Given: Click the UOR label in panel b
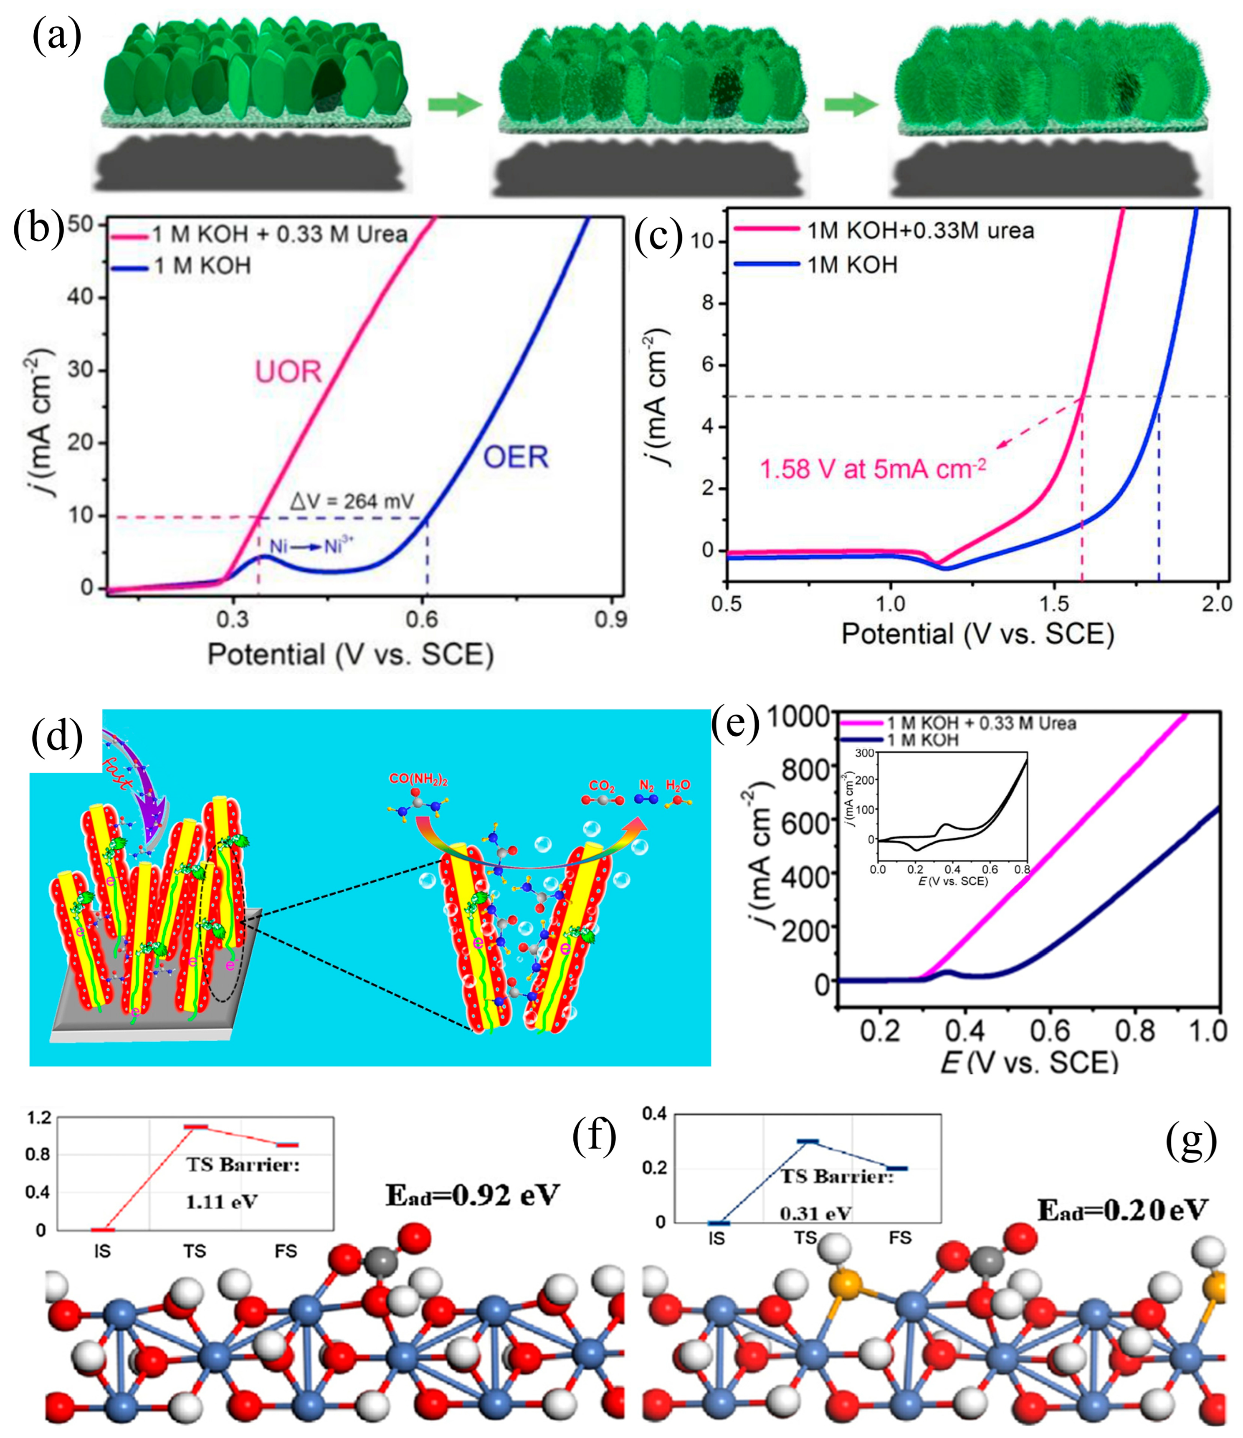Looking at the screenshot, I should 288,373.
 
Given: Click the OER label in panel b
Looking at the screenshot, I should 516,457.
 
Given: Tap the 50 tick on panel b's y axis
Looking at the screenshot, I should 81,225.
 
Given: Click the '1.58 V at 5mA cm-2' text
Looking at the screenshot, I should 872,469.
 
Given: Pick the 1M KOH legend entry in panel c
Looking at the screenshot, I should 852,265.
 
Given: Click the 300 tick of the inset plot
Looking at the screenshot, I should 865,753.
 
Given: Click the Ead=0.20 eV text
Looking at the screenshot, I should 1122,1210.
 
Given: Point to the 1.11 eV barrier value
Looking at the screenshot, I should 221,1202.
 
